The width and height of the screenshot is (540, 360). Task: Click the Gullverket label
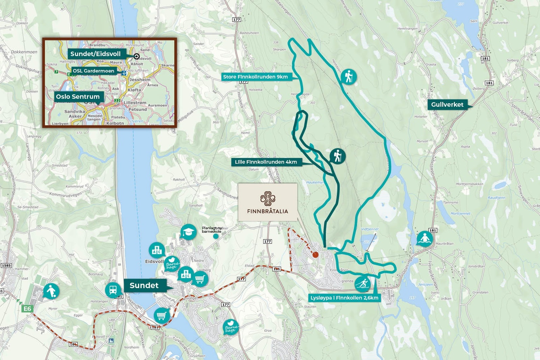point(447,104)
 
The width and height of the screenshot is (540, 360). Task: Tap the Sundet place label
point(144,285)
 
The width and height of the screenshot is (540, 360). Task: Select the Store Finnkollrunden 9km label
point(255,77)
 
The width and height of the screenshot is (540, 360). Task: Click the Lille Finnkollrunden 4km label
point(266,162)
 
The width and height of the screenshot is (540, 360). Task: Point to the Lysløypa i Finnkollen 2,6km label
point(344,298)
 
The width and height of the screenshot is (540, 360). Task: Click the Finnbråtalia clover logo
point(268,199)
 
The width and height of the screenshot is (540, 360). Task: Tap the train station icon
point(113,290)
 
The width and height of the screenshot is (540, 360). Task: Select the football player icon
point(51,291)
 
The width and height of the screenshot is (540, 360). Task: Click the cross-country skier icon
point(362,284)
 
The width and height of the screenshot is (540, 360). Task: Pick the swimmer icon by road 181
point(425,239)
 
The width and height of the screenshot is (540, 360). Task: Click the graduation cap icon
point(188,232)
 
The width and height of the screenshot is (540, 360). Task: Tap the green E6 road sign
point(27,309)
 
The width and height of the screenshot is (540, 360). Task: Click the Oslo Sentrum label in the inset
point(78,97)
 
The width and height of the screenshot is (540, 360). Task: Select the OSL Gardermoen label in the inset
point(93,71)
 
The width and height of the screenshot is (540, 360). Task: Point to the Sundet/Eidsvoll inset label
point(95,54)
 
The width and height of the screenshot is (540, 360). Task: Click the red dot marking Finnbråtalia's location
point(315,255)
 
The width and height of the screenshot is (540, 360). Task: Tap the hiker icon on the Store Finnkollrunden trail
point(349,77)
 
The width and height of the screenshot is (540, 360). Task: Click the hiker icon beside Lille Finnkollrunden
point(337,156)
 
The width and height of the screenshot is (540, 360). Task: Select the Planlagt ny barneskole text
point(212,230)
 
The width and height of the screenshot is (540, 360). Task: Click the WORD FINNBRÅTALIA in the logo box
point(268,211)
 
